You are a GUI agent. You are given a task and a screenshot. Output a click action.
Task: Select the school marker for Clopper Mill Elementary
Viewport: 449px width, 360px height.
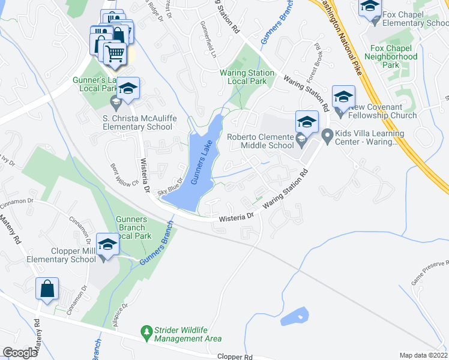[107, 245]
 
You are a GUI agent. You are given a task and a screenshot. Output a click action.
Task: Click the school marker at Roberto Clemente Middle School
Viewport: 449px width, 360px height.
[306, 122]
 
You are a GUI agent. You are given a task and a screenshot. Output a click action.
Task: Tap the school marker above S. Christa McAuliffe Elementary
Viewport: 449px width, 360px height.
[127, 89]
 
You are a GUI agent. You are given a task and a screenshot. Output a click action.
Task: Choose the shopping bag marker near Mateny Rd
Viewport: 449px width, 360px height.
[46, 289]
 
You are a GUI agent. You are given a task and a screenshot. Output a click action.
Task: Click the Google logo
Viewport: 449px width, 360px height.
[20, 353]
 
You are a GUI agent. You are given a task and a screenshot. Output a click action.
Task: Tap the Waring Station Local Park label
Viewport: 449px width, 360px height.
[247, 77]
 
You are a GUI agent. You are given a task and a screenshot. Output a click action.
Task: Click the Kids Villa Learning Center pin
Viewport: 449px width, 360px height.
[327, 137]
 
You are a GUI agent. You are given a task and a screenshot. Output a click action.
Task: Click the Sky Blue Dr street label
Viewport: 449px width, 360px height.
[170, 187]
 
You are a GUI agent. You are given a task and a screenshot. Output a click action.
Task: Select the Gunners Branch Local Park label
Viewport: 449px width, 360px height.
[131, 227]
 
